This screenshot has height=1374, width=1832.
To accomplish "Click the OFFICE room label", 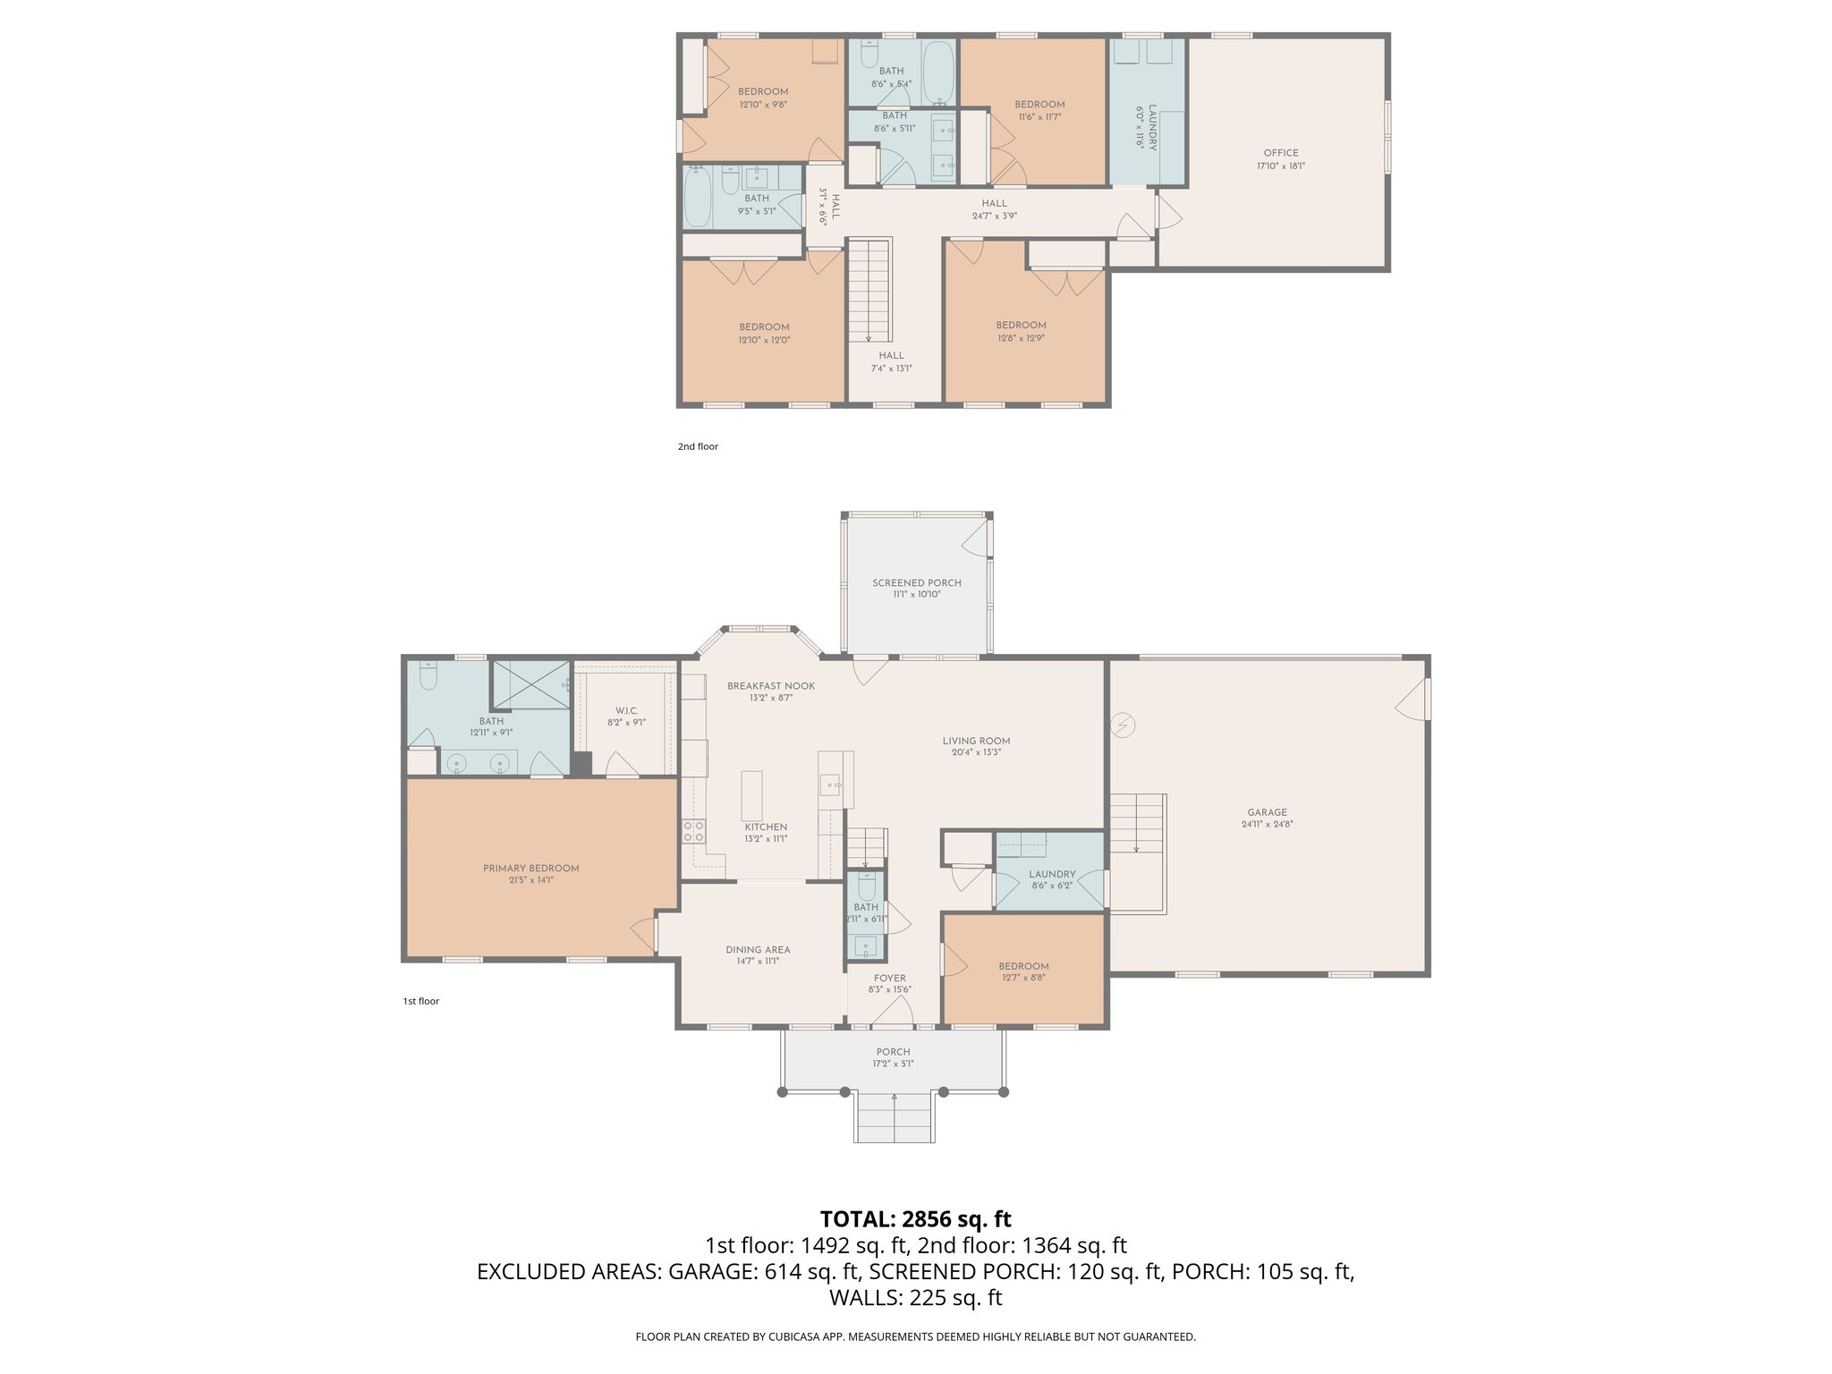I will point(1280,153).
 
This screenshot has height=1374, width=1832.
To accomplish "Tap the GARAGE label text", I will point(1267,812).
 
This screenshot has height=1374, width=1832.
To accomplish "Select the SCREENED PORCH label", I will point(916,582).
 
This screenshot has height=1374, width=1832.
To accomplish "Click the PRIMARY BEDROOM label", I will point(530,868).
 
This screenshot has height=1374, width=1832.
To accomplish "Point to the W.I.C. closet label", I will point(626,710).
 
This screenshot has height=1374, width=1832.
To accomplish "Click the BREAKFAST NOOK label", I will point(770,686).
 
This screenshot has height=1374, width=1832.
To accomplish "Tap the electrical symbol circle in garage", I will point(1123,725).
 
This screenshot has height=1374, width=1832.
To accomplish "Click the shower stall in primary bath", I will point(531,685).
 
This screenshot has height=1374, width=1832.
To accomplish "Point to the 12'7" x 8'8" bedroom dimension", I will point(1023,978).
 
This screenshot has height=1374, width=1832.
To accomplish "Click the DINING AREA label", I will point(757,950).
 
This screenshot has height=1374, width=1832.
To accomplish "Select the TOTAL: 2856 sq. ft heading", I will point(915,1218).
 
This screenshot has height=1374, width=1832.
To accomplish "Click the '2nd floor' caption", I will point(697,446).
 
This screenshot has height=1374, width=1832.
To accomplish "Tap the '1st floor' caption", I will point(420,1001).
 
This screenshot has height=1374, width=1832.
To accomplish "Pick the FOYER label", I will point(889,979).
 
